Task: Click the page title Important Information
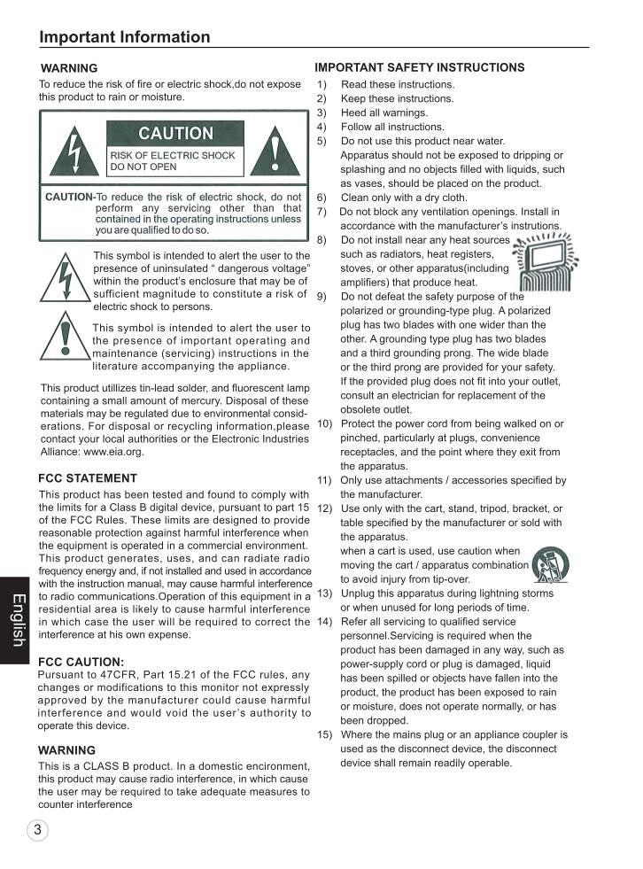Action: point(125,36)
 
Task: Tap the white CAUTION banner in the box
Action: point(175,134)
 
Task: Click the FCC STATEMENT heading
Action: point(88,478)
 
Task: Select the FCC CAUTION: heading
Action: point(81,662)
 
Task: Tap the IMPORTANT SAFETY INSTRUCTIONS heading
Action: point(419,67)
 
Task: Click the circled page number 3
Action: point(37,830)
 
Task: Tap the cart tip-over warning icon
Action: point(551,564)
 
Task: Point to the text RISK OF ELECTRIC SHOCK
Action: point(173,155)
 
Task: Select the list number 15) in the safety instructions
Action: point(325,734)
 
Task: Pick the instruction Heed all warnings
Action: point(383,113)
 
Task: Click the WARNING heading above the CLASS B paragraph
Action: point(67,750)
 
